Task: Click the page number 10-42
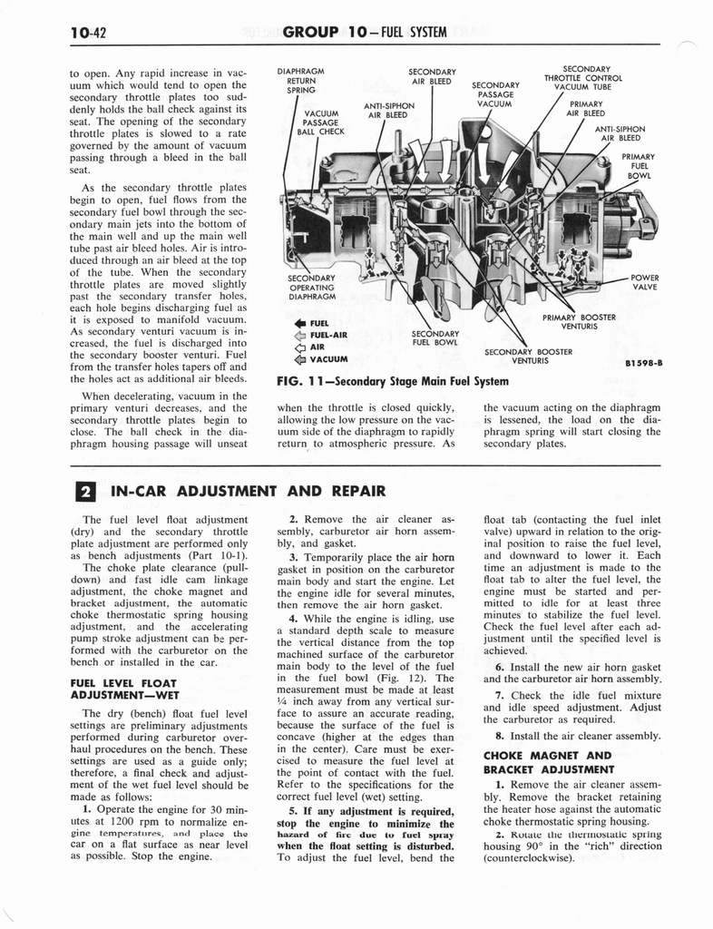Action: pos(88,33)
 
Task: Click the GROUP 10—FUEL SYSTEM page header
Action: pos(365,33)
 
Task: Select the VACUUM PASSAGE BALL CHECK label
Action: pos(320,122)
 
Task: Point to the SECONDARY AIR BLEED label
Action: pos(432,77)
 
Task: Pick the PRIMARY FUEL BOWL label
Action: pos(639,166)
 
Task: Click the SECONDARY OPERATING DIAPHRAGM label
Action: pos(311,287)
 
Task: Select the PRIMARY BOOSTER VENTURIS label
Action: pos(579,322)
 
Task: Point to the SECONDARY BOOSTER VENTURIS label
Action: pos(529,356)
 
